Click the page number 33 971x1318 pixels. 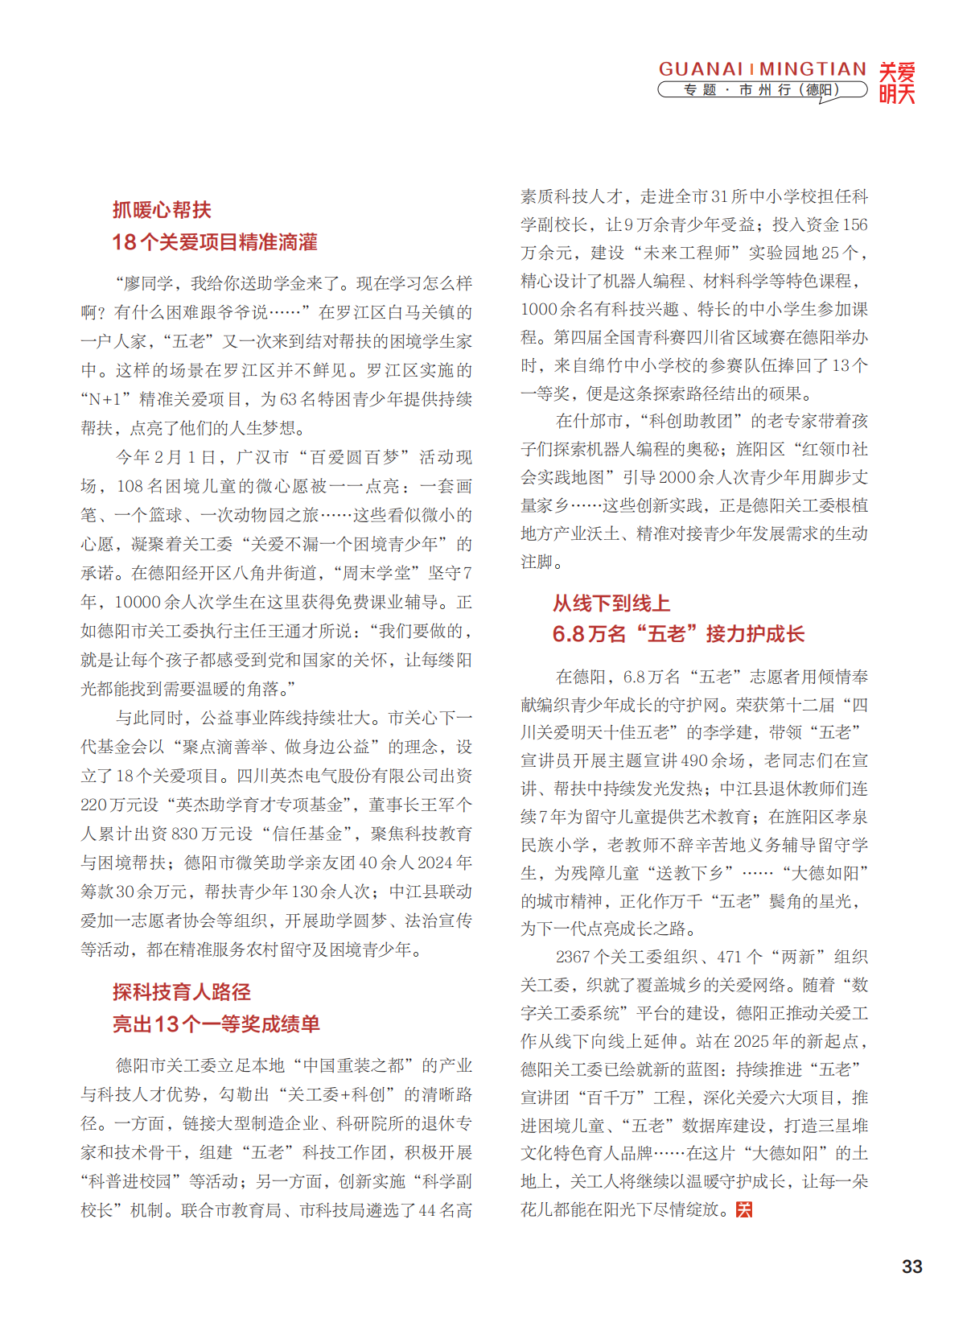pos(911,1266)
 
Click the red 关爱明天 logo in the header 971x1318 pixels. pos(896,83)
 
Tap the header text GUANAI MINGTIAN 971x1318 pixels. pos(762,69)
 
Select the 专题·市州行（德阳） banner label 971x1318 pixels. pos(761,90)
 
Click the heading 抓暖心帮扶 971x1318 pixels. pos(162,210)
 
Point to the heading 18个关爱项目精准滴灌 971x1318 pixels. pos(214,242)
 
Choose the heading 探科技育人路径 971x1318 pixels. pos(181,991)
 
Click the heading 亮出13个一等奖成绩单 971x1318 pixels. pos(216,1024)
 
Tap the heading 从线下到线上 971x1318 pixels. pos(611,603)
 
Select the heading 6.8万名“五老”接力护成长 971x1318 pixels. pos(677,634)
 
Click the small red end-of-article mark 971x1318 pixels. pos(744,1209)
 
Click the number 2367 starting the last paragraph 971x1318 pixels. pos(573,957)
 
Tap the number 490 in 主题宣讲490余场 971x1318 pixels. pos(694,760)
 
